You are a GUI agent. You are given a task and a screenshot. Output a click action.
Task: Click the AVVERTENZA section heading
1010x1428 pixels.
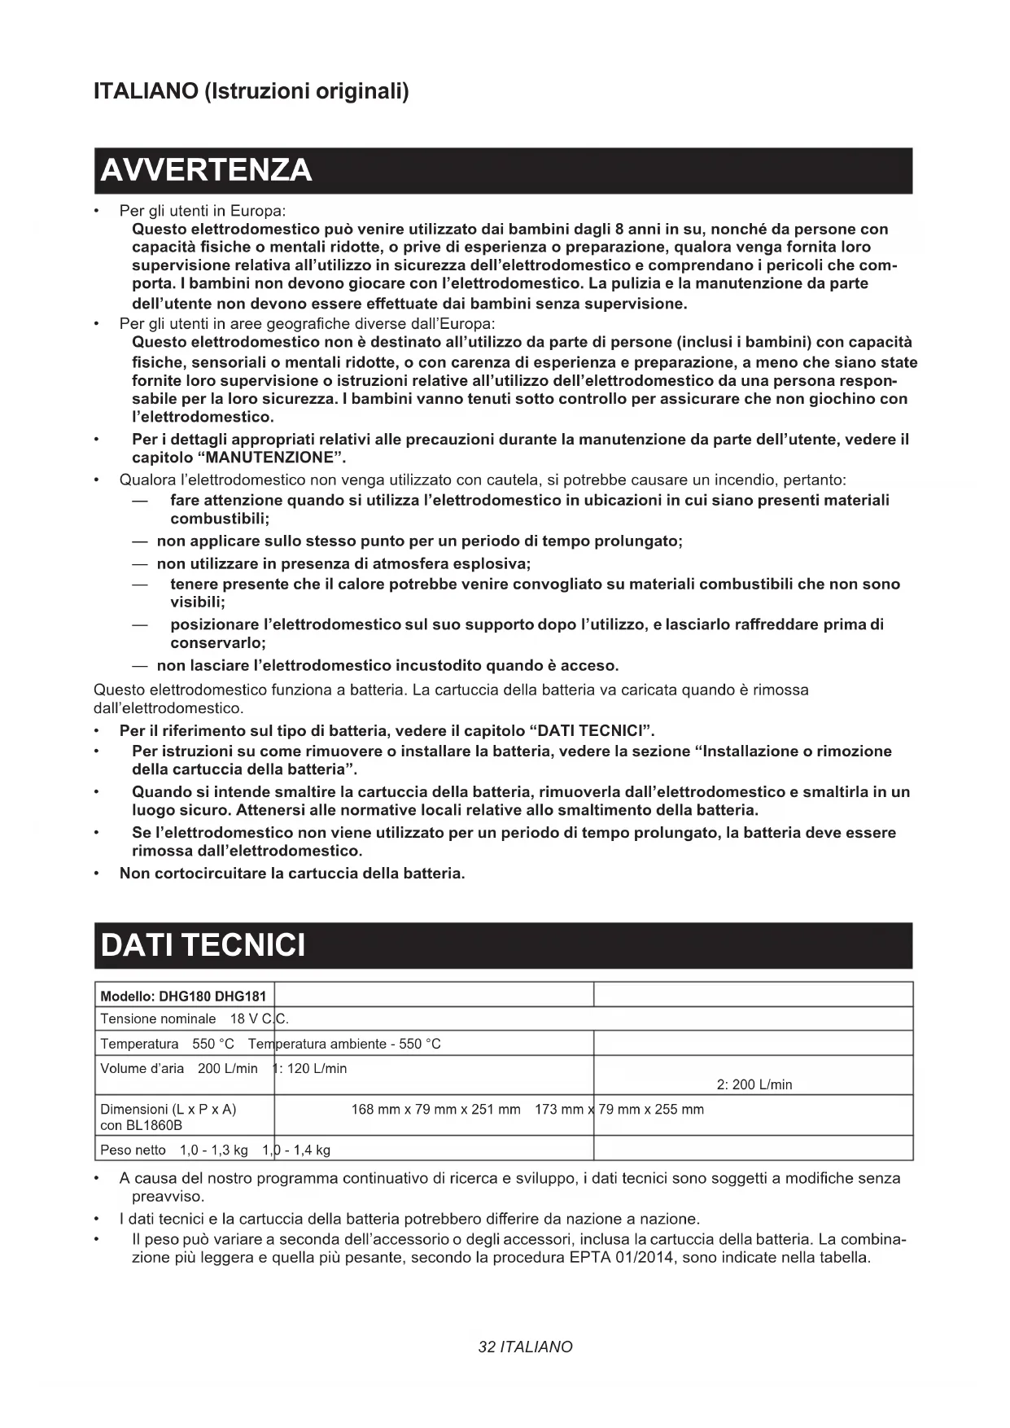tap(206, 170)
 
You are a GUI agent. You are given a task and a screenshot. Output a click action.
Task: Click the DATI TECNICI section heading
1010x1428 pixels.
tap(203, 945)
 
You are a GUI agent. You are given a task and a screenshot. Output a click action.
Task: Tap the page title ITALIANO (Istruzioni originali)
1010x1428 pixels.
tap(251, 90)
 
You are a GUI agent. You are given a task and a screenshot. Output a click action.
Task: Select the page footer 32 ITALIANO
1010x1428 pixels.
tap(525, 1347)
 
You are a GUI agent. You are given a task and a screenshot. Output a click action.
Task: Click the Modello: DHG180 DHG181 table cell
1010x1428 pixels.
tap(183, 996)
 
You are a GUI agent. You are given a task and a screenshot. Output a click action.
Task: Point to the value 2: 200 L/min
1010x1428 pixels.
tap(754, 1084)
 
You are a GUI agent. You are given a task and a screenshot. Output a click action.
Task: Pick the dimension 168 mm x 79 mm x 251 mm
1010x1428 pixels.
tap(435, 1109)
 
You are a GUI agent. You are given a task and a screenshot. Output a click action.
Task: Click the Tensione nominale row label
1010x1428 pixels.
tap(158, 1019)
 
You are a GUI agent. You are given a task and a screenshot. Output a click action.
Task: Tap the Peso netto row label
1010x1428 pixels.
tap(133, 1150)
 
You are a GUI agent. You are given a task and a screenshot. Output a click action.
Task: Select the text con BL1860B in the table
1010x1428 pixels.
tap(141, 1125)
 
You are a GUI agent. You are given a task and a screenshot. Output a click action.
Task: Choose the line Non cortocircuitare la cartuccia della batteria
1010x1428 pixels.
tap(292, 874)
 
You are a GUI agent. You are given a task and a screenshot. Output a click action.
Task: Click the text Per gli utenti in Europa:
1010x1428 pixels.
tap(203, 211)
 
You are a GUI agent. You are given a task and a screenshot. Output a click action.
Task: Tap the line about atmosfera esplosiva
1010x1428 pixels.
tap(343, 563)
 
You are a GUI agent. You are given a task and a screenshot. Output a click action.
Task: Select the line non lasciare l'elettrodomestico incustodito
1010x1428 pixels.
tap(387, 665)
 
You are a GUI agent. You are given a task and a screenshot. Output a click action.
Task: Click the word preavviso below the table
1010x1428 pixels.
tap(168, 1197)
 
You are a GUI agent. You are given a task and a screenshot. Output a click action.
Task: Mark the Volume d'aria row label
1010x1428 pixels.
tap(142, 1068)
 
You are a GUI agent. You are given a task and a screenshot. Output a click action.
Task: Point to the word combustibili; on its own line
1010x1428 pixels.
tap(220, 519)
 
